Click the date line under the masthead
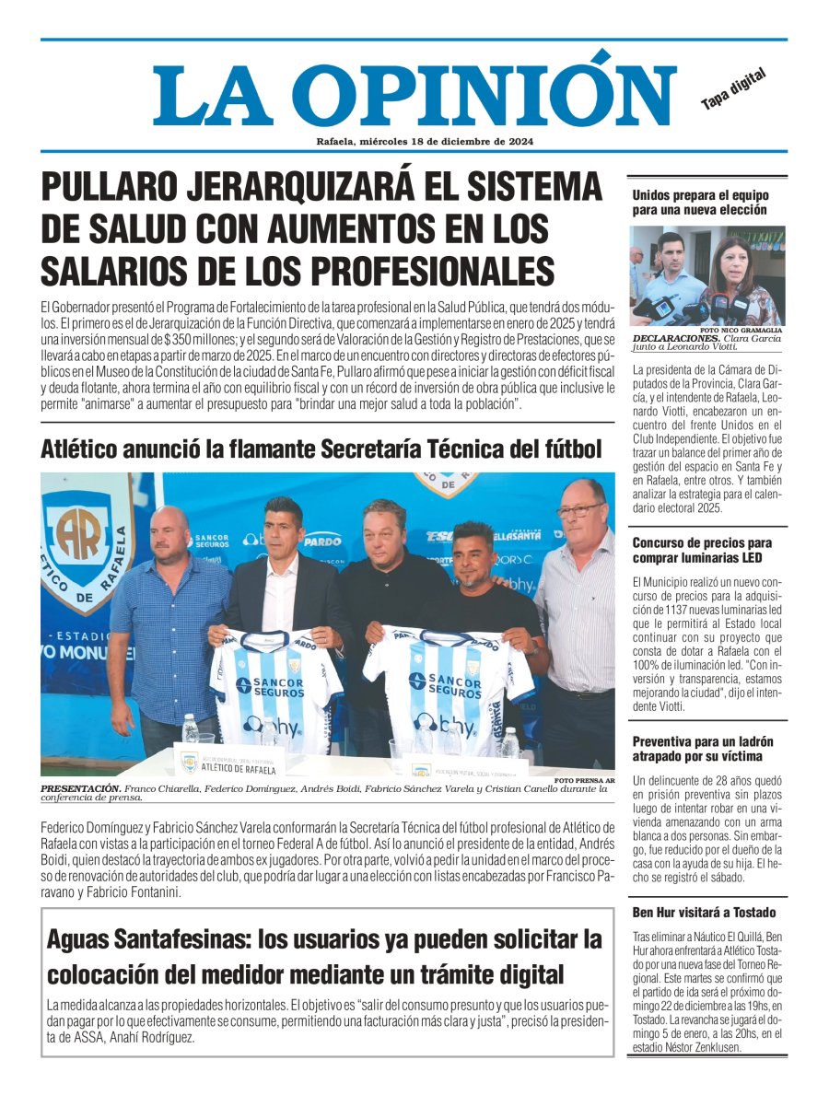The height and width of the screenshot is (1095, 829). click(x=419, y=142)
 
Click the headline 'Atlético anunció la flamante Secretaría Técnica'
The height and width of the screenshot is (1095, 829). click(x=321, y=449)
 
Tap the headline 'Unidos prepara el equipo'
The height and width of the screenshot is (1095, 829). click(x=700, y=203)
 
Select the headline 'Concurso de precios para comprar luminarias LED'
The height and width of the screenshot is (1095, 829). click(x=702, y=551)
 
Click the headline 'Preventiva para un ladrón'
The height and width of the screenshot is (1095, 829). click(x=702, y=749)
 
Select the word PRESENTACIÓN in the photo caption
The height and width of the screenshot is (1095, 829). click(x=81, y=788)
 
